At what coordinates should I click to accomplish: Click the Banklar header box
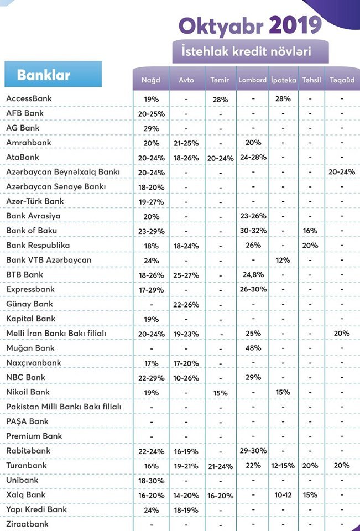(53, 74)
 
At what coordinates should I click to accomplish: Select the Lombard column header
(252, 80)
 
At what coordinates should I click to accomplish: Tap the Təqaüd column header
(342, 80)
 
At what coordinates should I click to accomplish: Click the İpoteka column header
(284, 80)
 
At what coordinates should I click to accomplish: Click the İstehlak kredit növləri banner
(251, 51)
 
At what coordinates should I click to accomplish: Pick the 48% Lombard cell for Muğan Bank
(253, 348)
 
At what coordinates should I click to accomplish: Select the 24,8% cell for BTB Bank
(253, 274)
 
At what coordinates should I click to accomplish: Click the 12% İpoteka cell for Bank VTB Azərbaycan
(283, 260)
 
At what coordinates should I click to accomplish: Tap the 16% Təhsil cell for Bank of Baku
(310, 231)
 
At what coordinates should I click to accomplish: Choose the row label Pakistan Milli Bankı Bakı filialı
(64, 407)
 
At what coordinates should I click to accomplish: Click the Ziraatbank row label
(28, 524)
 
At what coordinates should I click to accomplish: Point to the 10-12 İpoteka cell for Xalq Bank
(283, 494)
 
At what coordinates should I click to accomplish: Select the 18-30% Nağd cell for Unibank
(152, 481)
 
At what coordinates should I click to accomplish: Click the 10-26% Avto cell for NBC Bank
(186, 378)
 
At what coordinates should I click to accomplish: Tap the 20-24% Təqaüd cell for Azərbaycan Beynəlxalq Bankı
(342, 171)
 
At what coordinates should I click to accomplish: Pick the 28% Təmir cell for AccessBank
(221, 99)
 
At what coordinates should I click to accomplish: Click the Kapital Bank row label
(31, 319)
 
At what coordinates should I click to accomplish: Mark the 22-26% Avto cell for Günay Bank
(186, 304)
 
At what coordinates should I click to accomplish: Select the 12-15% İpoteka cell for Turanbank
(283, 466)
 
